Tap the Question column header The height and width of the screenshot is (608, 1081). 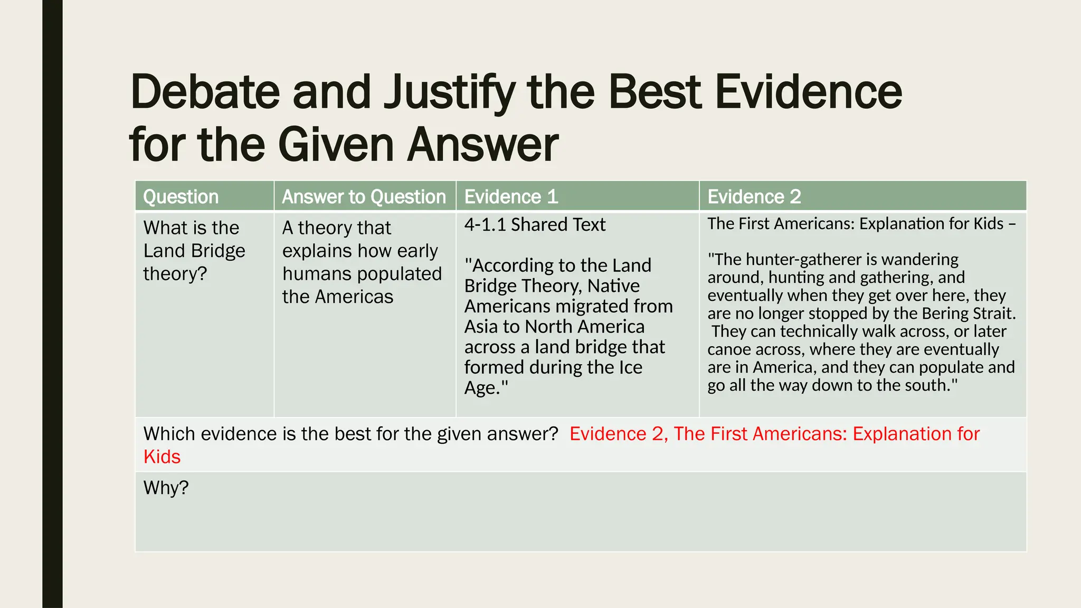pyautogui.click(x=181, y=197)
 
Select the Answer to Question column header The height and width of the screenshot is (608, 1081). pyautogui.click(x=364, y=197)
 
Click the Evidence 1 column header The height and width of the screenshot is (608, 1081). pyautogui.click(x=511, y=197)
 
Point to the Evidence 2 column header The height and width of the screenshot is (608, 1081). pyautogui.click(x=754, y=197)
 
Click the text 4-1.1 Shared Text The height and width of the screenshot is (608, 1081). pyautogui.click(x=535, y=225)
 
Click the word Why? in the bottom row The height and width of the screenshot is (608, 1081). pyautogui.click(x=166, y=488)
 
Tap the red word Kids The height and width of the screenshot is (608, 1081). pyautogui.click(x=162, y=457)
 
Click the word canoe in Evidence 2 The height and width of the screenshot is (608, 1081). pyautogui.click(x=728, y=349)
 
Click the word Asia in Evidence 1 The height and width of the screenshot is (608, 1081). pyautogui.click(x=481, y=327)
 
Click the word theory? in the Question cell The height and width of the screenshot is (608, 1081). pyautogui.click(x=175, y=274)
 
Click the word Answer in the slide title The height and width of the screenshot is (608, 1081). pyautogui.click(x=482, y=145)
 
